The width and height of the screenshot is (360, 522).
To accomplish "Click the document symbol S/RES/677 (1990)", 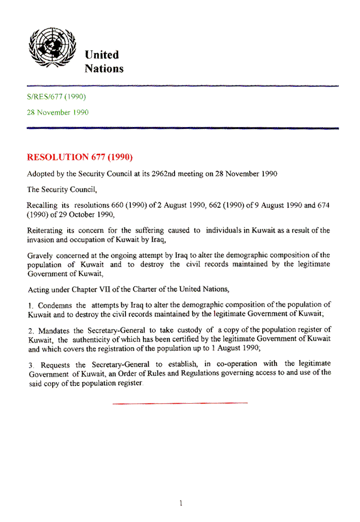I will (56, 96).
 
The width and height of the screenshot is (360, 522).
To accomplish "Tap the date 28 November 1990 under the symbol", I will (58, 112).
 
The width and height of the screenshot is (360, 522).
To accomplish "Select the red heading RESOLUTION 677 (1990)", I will (80, 157).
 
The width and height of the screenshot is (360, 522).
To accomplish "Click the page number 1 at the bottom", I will (180, 503).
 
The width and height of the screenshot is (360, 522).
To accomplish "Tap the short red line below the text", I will (180, 403).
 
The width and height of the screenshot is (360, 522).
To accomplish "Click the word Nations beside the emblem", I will (104, 69).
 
